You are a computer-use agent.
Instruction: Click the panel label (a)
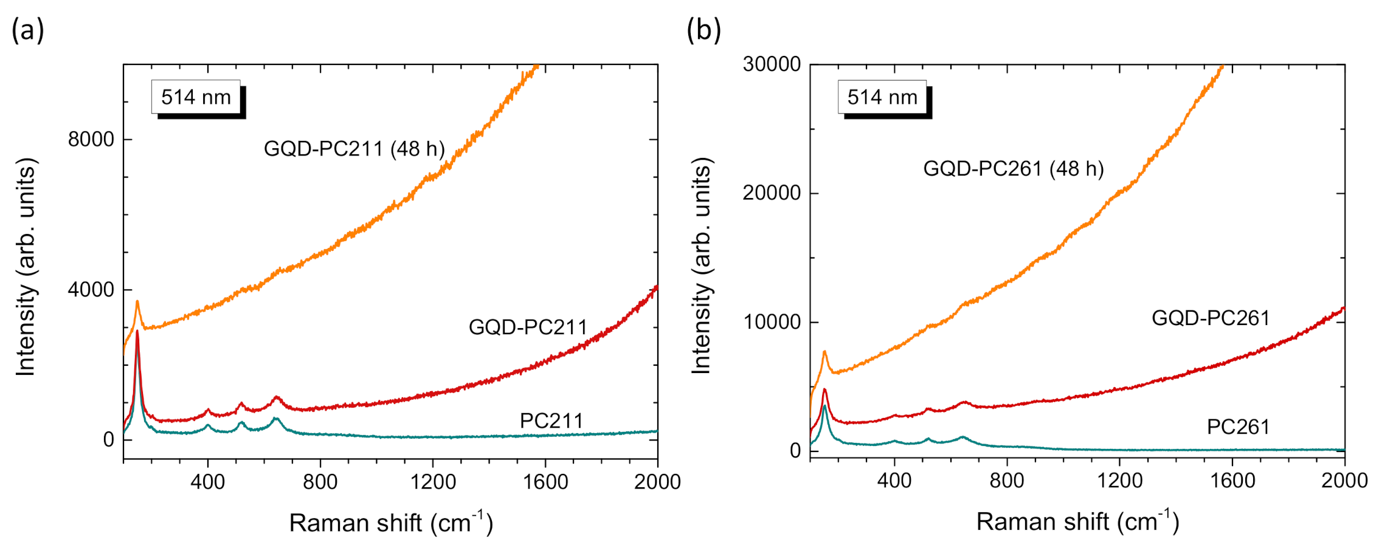pyautogui.click(x=27, y=30)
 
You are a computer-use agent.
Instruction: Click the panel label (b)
pyautogui.click(x=703, y=30)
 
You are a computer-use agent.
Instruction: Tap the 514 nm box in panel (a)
pyautogui.click(x=196, y=97)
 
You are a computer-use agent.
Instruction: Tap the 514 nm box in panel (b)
pyautogui.click(x=882, y=97)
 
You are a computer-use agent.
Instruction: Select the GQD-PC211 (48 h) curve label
pyautogui.click(x=354, y=149)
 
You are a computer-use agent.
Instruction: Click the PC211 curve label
pyautogui.click(x=551, y=421)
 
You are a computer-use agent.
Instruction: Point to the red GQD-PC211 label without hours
pyautogui.click(x=528, y=327)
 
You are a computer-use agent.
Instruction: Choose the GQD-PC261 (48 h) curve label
pyautogui.click(x=1014, y=169)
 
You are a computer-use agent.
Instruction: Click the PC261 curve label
pyautogui.click(x=1238, y=427)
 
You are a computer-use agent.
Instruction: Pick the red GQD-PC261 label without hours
pyautogui.click(x=1211, y=318)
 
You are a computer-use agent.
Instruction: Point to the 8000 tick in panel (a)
pyautogui.click(x=91, y=140)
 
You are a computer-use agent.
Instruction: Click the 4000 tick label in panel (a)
pyautogui.click(x=91, y=290)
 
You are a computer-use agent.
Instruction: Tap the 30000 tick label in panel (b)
pyautogui.click(x=772, y=64)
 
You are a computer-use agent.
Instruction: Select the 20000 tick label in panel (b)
pyautogui.click(x=772, y=193)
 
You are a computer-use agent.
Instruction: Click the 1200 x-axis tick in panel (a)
pyautogui.click(x=433, y=482)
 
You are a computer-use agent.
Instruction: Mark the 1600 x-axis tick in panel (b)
pyautogui.click(x=1232, y=481)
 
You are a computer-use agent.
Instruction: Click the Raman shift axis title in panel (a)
pyautogui.click(x=391, y=522)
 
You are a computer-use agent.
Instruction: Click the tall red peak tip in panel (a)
pyautogui.click(x=137, y=332)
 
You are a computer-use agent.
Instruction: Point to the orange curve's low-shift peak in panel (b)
pyautogui.click(x=824, y=352)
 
